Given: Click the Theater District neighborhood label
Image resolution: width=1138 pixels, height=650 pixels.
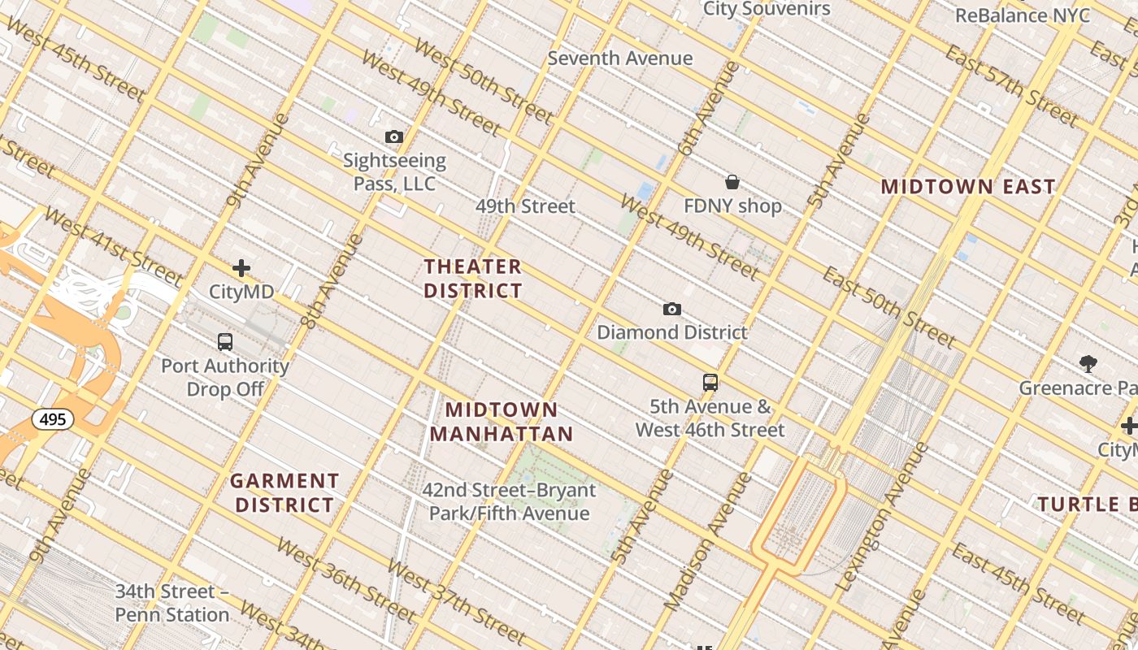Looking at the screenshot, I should tap(473, 279).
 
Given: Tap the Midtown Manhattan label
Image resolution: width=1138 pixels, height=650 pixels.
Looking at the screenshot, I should tap(502, 422).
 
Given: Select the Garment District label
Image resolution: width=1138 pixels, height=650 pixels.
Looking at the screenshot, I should tap(284, 493).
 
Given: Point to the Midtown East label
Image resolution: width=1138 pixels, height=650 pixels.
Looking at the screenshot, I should tap(968, 187).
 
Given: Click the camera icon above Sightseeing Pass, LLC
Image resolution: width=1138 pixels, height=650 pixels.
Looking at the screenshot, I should tap(394, 136).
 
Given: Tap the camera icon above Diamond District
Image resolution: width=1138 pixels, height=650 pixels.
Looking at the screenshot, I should tap(671, 309).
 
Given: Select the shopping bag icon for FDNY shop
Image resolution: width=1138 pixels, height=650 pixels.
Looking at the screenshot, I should tap(732, 182).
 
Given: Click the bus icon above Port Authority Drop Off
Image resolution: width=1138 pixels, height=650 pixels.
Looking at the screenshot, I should tap(225, 342).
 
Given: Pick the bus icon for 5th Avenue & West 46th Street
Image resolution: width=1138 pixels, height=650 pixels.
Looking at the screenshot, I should tap(710, 383).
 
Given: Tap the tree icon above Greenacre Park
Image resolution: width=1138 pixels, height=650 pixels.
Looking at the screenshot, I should tap(1088, 363).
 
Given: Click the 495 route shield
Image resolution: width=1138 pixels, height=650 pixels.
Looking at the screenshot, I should tap(53, 419).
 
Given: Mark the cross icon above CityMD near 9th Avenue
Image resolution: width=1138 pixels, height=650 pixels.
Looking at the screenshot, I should tap(241, 268).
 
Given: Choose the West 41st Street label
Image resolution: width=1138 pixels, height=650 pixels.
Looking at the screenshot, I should tap(113, 241).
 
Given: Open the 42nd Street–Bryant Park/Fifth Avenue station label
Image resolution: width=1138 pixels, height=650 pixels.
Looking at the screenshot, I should tap(509, 502).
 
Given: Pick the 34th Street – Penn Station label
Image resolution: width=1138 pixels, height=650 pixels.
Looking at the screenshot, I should tap(172, 603).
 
